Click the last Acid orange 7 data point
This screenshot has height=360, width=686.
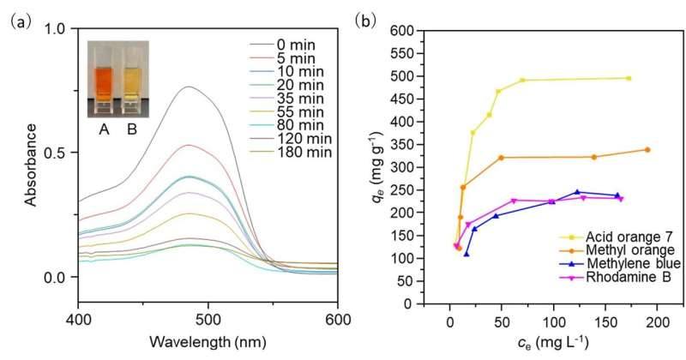tap(629, 78)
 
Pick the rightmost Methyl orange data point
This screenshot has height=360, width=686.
tap(647, 150)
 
